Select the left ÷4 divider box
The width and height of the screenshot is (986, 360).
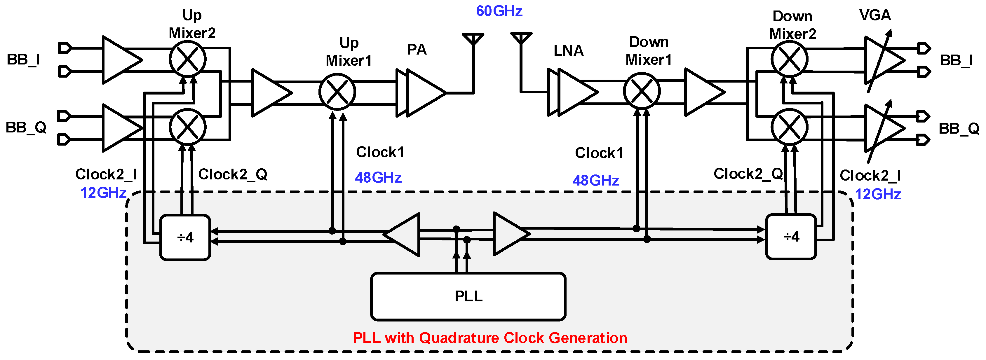(x=185, y=237)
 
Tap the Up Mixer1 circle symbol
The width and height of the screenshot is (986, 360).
(x=337, y=92)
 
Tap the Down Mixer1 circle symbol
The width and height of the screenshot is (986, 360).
(x=642, y=91)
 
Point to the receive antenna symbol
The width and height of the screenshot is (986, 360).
(x=521, y=38)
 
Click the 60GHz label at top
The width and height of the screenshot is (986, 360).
(x=499, y=11)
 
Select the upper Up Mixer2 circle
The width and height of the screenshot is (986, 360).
(x=188, y=59)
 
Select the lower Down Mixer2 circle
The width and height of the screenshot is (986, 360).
(x=789, y=127)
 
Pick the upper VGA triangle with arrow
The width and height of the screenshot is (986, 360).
(x=882, y=60)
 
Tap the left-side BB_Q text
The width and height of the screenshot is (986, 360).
(x=26, y=127)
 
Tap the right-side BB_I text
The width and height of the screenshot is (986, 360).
(x=956, y=60)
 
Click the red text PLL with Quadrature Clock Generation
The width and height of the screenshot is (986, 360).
(x=489, y=338)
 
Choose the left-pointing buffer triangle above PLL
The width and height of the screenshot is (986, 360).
(x=404, y=235)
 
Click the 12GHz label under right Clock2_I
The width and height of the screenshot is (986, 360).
(x=878, y=194)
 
